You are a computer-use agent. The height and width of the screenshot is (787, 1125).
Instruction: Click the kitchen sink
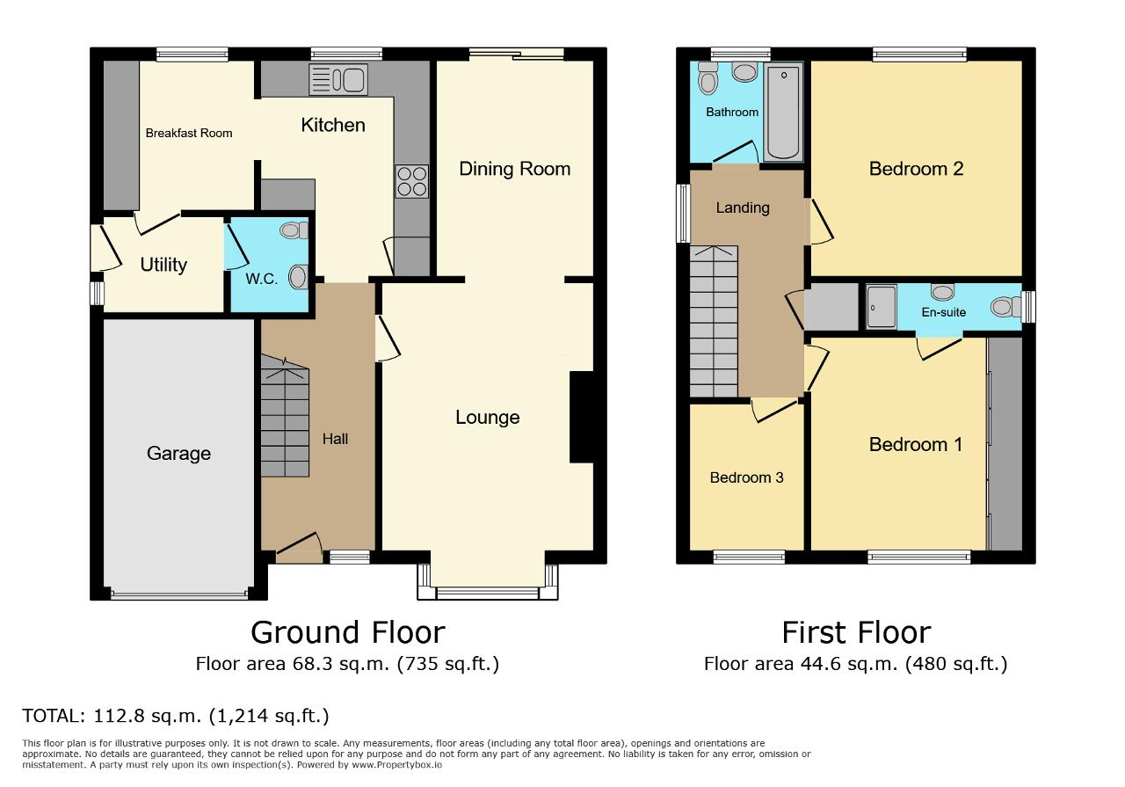click(x=338, y=80)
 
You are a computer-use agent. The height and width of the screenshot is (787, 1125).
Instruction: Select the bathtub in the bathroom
click(x=782, y=112)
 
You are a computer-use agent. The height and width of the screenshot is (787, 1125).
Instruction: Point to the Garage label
click(x=178, y=454)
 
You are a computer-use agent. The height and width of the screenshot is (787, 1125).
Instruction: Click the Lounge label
click(x=487, y=418)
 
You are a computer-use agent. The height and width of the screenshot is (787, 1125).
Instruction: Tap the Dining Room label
click(x=514, y=169)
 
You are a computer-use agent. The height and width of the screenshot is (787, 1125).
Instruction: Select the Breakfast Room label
click(x=189, y=134)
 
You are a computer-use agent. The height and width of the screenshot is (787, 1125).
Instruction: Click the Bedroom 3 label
click(x=746, y=477)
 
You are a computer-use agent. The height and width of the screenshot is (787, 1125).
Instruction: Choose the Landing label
click(x=743, y=208)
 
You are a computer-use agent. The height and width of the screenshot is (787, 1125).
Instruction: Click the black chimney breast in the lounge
click(x=582, y=417)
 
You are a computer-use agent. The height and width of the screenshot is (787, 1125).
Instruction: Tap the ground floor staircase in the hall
click(x=285, y=422)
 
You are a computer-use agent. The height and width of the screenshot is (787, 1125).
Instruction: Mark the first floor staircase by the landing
click(x=713, y=322)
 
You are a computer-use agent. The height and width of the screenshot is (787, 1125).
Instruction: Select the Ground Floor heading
click(x=347, y=632)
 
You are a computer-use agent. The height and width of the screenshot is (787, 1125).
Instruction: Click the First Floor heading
click(x=855, y=632)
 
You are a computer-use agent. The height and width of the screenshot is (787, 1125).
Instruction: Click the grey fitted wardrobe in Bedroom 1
click(x=1005, y=444)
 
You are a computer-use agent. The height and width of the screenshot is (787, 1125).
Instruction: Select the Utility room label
click(x=163, y=265)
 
